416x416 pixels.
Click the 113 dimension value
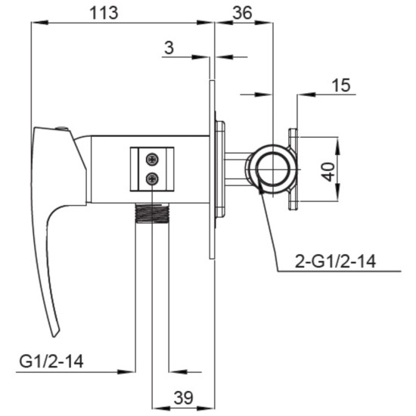(x=104, y=13)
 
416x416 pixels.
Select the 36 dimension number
(x=242, y=13)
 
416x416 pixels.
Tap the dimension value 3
(x=169, y=48)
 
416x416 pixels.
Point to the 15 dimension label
(x=341, y=85)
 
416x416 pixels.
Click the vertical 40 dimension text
(x=329, y=172)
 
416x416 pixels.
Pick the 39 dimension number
(x=183, y=397)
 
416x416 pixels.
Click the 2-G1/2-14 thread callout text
(x=335, y=261)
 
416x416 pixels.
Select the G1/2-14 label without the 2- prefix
(x=51, y=361)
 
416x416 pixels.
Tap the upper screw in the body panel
(x=152, y=160)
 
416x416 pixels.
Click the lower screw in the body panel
(x=152, y=179)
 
